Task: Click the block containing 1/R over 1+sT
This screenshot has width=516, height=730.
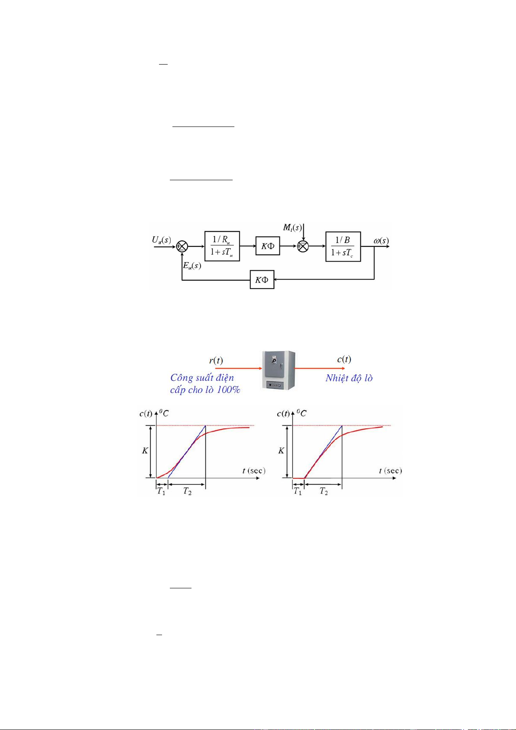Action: pyautogui.click(x=222, y=246)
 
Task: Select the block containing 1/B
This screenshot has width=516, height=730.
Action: pyautogui.click(x=343, y=247)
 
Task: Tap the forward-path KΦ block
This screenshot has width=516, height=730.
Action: pyautogui.click(x=268, y=246)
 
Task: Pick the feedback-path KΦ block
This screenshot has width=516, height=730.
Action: pyautogui.click(x=262, y=279)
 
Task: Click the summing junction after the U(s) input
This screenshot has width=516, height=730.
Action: pyautogui.click(x=182, y=247)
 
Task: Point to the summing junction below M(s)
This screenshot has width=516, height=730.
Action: pyautogui.click(x=303, y=247)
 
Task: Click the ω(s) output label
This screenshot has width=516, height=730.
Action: pyautogui.click(x=381, y=240)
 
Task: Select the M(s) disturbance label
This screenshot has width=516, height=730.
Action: pyautogui.click(x=292, y=227)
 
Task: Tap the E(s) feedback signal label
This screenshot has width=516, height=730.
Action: pyautogui.click(x=192, y=266)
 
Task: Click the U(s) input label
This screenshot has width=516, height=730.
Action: pyautogui.click(x=161, y=240)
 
